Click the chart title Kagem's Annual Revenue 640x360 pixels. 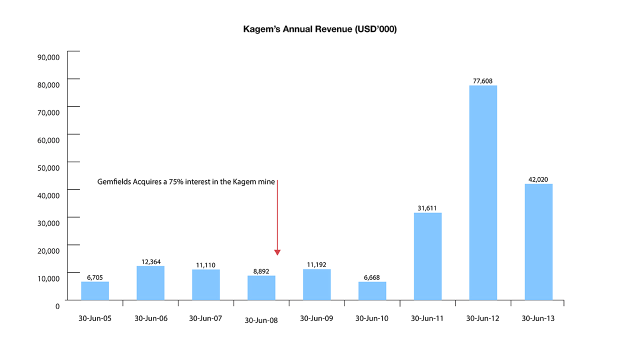click(320, 29)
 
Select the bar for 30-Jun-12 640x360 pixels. click(483, 192)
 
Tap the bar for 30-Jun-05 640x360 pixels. click(95, 291)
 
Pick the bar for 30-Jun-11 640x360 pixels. click(427, 256)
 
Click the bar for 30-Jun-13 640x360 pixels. click(538, 242)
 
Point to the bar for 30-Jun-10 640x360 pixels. click(372, 291)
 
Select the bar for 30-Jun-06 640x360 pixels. click(150, 283)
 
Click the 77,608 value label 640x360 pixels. click(483, 80)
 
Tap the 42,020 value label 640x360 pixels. click(538, 179)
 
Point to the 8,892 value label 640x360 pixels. click(261, 271)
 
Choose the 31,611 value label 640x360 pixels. click(427, 208)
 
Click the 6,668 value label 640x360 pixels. click(372, 277)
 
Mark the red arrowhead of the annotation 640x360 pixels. click(277, 252)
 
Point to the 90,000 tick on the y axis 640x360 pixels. click(49, 57)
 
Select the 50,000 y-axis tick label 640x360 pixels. click(49, 167)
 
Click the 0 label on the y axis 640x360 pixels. click(57, 305)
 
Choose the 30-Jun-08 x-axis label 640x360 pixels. click(261, 320)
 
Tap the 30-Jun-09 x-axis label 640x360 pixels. click(316, 318)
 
